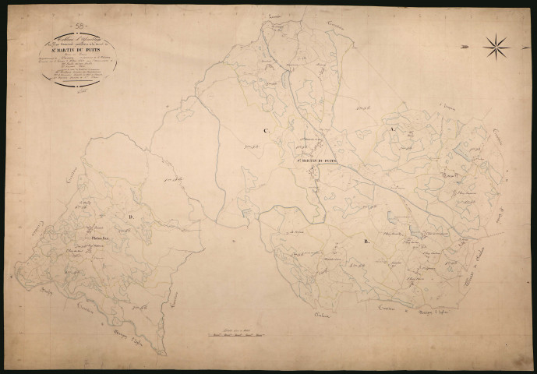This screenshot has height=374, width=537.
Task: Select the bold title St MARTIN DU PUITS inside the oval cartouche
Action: [78, 54]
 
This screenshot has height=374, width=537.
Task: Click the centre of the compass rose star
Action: [496, 48]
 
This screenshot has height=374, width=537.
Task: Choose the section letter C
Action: [266, 130]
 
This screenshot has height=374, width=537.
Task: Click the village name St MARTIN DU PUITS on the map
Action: [318, 162]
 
